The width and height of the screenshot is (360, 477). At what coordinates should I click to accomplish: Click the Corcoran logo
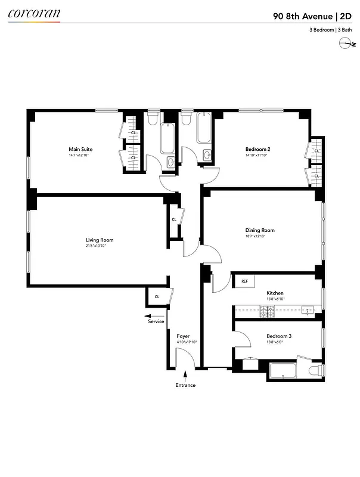pyautogui.click(x=33, y=12)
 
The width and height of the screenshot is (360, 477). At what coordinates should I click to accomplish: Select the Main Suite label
pyautogui.click(x=80, y=149)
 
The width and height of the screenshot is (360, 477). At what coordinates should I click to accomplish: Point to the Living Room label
pyautogui.click(x=99, y=240)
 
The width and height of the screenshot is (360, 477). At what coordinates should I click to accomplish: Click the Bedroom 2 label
pyautogui.click(x=258, y=149)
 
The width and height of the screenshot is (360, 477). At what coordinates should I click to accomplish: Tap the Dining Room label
pyautogui.click(x=259, y=230)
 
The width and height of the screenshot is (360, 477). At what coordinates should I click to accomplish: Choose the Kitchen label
pyautogui.click(x=275, y=293)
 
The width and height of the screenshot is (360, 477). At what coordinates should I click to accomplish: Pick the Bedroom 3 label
pyautogui.click(x=278, y=336)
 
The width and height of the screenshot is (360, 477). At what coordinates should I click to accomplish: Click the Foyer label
pyautogui.click(x=183, y=336)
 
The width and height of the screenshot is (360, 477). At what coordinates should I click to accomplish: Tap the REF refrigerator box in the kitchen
pyautogui.click(x=244, y=281)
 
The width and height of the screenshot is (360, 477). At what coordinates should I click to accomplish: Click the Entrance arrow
pyautogui.click(x=185, y=376)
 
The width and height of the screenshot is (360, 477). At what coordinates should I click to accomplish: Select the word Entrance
pyautogui.click(x=185, y=385)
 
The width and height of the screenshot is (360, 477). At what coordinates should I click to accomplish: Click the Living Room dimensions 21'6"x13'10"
pyautogui.click(x=99, y=246)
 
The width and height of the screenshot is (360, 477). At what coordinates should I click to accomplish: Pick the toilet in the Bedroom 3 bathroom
pyautogui.click(x=313, y=371)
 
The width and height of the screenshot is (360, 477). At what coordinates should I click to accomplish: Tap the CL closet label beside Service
pyautogui.click(x=157, y=296)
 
